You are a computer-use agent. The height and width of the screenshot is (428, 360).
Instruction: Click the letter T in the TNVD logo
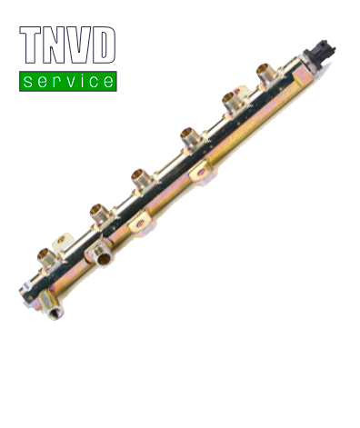click(x=30, y=45)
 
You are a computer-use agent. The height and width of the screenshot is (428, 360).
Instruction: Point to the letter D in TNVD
click(x=104, y=45)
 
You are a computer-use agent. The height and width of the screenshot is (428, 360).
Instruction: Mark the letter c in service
click(x=95, y=82)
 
